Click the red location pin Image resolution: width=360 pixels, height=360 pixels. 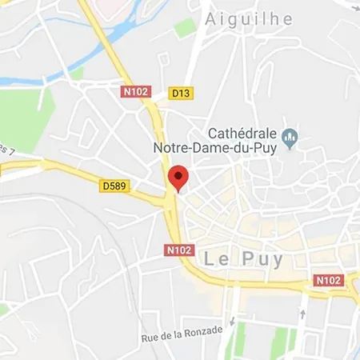click(178, 177)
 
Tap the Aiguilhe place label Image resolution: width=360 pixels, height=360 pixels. click(248, 19)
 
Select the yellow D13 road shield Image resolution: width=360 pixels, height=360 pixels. click(182, 93)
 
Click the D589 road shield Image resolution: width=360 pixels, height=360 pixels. click(114, 186)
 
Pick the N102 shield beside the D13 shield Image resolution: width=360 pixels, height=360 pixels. click(135, 92)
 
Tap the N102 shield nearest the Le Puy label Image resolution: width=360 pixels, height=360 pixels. click(179, 250)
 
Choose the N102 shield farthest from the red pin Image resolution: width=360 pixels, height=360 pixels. click(328, 280)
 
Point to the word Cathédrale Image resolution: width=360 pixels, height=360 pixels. click(243, 132)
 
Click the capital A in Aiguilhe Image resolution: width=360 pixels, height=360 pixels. click(211, 19)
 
